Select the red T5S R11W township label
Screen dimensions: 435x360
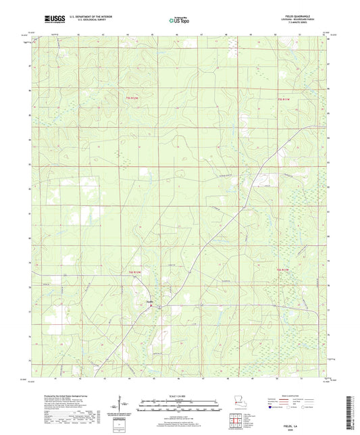(x=286, y=101)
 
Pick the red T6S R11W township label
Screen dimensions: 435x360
(x=286, y=270)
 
